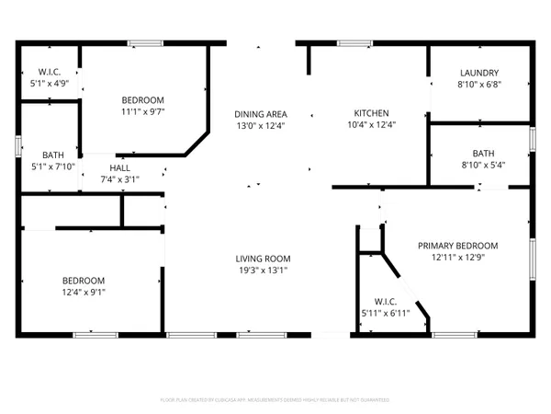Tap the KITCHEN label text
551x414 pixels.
point(359,112)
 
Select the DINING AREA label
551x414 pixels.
point(261,112)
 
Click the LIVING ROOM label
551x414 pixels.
point(263,259)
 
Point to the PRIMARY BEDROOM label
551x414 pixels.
point(457,246)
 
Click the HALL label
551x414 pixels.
point(119,168)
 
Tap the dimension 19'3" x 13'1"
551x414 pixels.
point(263,270)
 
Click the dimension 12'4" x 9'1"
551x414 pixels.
point(84,293)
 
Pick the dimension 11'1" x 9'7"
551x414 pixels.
point(143,111)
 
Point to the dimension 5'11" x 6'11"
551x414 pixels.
point(385,314)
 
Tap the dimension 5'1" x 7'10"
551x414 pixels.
point(52,167)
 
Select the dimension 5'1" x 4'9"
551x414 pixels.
point(49,84)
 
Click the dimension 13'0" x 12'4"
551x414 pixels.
point(261,124)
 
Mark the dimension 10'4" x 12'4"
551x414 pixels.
point(359,124)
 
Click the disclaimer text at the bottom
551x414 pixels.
point(275,400)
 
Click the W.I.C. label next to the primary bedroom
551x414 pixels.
point(385,302)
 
